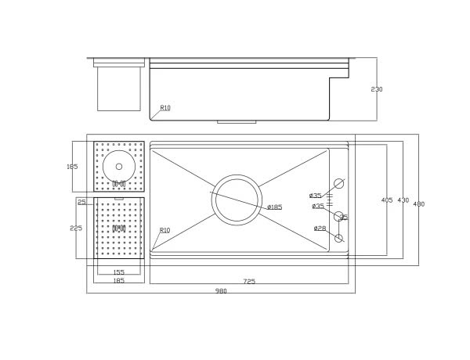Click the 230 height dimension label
point(377,89)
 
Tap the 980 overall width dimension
point(221,291)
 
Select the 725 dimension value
point(249,281)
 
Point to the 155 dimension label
point(118,272)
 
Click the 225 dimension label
point(76,228)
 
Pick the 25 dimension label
point(81,202)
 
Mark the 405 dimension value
point(387,200)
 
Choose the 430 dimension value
point(403,200)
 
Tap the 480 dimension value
point(419,203)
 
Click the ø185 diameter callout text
point(274,207)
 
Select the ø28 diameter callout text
point(320,229)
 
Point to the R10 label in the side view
point(165,108)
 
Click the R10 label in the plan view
point(164,230)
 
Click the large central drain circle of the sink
point(237,200)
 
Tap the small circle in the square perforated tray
point(119,166)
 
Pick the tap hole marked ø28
point(338,238)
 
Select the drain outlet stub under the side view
point(237,122)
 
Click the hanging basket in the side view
point(119,88)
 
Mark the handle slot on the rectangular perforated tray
point(119,229)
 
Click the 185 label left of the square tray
point(72,167)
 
